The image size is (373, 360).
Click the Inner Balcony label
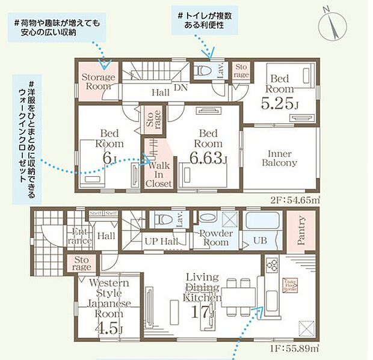279,158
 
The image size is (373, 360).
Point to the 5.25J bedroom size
280,104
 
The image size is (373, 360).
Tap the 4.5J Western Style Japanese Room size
108,329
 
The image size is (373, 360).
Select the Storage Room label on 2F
99,82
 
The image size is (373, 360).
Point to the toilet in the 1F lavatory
162,221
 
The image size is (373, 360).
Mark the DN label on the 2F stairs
179,87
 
